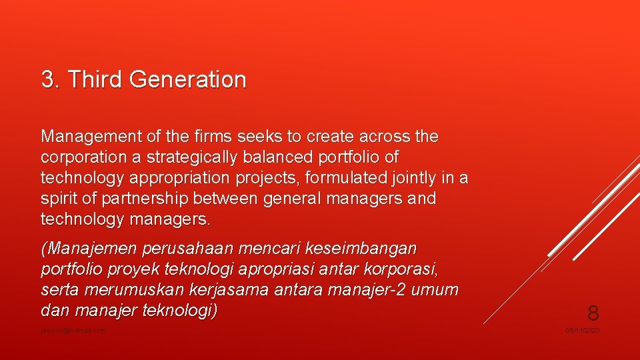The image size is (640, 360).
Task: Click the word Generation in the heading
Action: tap(188, 80)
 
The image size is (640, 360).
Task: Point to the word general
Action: tap(292, 199)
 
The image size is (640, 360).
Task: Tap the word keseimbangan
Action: tap(360, 249)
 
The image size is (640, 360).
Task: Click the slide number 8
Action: tap(592, 312)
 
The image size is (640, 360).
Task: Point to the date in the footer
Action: tap(583, 331)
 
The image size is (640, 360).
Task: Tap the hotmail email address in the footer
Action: tap(73, 331)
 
